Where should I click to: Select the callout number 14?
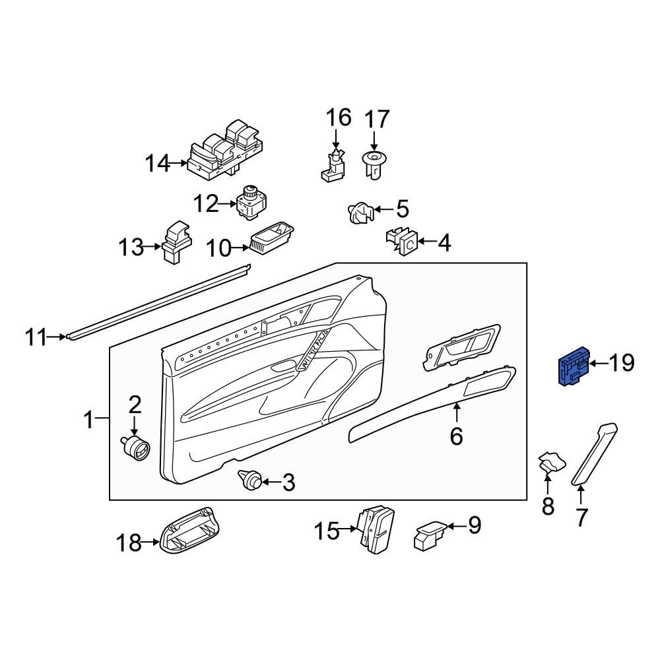pos(158,162)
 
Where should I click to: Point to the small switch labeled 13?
pos(176,243)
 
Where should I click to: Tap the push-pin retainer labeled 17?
pos(374,165)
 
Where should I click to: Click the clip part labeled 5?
pos(360,214)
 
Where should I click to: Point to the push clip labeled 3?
pos(251,480)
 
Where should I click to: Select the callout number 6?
pos(457,436)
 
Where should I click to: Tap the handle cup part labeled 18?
pos(190,531)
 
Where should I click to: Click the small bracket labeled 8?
pos(552,463)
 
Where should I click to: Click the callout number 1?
pos(88,419)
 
